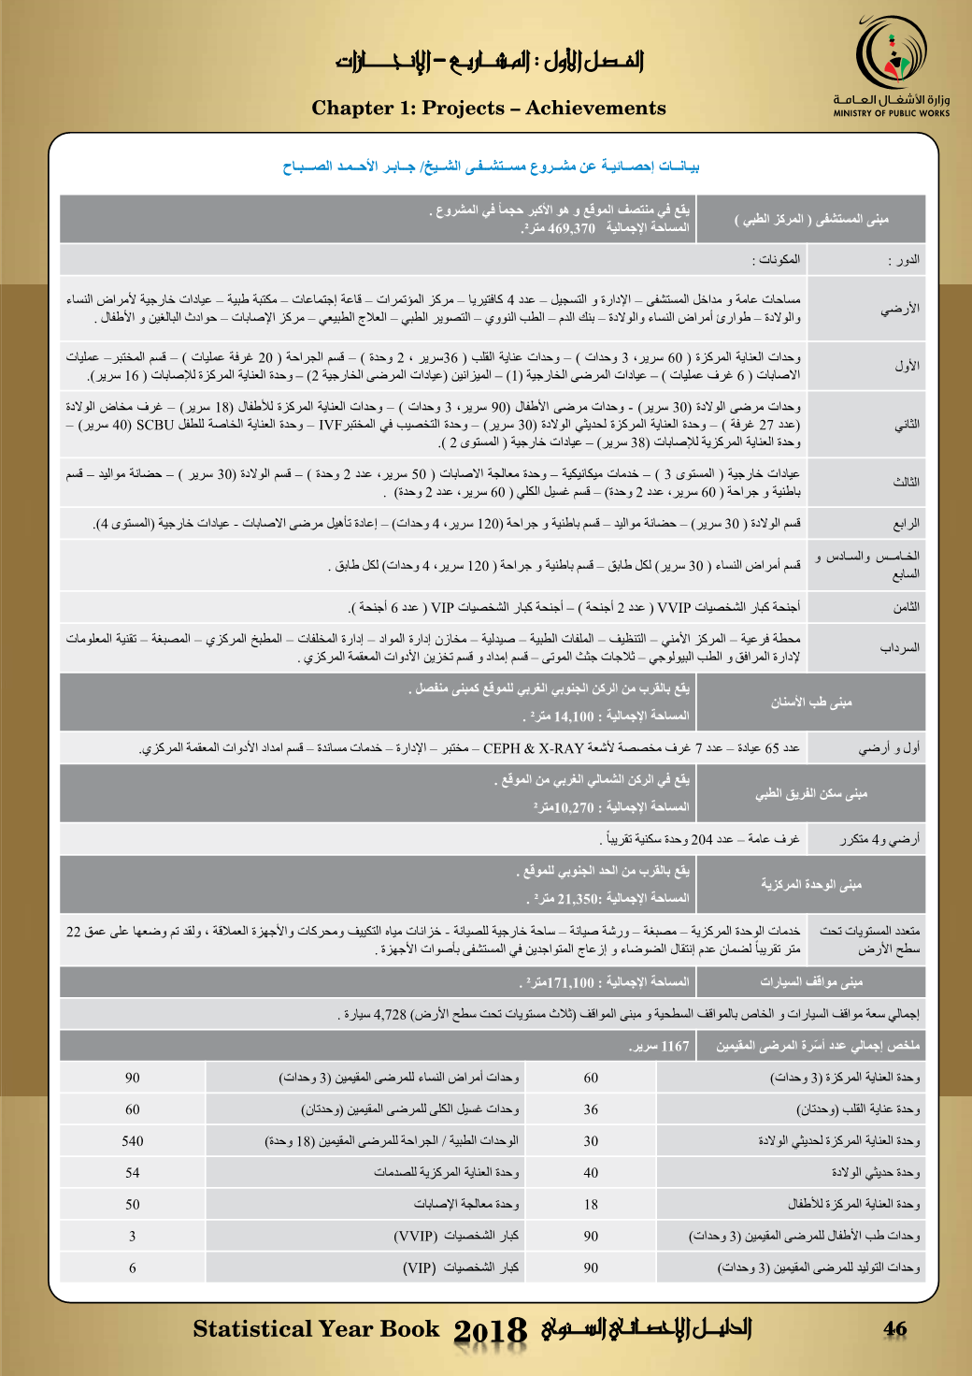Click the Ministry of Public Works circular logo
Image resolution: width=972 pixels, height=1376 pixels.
(x=892, y=55)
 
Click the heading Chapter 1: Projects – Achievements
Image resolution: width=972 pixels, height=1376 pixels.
(x=489, y=109)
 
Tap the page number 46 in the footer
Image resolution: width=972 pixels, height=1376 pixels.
(x=895, y=1328)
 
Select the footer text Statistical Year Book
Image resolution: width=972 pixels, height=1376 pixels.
(x=316, y=1329)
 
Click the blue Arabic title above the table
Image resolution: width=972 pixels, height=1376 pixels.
(x=492, y=167)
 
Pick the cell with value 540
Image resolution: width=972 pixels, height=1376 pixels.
(x=133, y=1141)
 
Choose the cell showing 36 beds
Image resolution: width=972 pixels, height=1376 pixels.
(x=591, y=1109)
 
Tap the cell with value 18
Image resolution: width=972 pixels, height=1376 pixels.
(x=591, y=1205)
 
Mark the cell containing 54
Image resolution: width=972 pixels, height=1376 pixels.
(x=133, y=1173)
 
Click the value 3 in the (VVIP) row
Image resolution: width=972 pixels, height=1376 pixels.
(x=133, y=1237)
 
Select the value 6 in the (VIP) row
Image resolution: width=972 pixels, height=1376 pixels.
(x=133, y=1268)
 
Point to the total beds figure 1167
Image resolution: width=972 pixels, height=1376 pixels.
(x=674, y=1046)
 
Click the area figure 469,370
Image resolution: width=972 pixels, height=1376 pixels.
(x=571, y=228)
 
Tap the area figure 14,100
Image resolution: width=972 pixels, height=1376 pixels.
(x=573, y=717)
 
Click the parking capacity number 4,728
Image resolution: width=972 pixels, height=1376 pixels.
(x=390, y=1014)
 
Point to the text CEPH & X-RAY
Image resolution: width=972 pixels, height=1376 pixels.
(x=533, y=748)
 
